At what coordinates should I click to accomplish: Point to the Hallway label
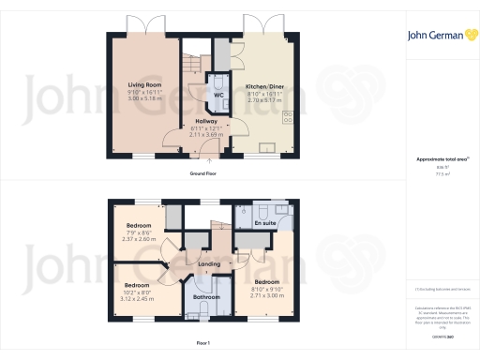pos(207,122)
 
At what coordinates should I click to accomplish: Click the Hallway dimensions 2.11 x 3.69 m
pos(207,135)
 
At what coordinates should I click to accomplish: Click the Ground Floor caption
pos(203,174)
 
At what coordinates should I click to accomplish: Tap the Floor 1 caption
pos(203,344)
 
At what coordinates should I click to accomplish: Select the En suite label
pos(264,225)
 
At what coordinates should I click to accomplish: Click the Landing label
pos(210,264)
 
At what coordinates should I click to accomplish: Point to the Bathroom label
pos(206,297)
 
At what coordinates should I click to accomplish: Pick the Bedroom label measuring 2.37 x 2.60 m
pos(140,226)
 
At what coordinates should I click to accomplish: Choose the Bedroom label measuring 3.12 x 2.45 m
pos(137,285)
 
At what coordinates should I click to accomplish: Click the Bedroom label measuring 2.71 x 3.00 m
pos(266,281)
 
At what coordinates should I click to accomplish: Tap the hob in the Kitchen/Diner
pos(287,118)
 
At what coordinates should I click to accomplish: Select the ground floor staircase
pos(191,66)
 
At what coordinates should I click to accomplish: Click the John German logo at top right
pos(436,36)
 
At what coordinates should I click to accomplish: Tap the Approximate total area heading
pos(436,159)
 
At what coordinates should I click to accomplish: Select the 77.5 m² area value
pos(436,174)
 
